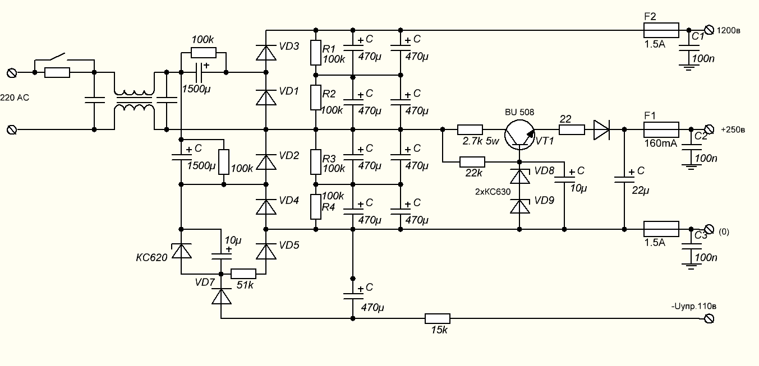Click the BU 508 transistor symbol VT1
(x=519, y=135)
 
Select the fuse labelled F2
(x=661, y=30)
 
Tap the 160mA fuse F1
(x=661, y=129)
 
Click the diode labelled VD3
(x=265, y=52)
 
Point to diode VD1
(x=265, y=96)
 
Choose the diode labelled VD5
(x=265, y=251)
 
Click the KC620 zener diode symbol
(x=181, y=251)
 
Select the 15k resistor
(x=437, y=318)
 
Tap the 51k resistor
(x=243, y=274)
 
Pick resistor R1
(x=316, y=52)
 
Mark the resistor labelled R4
(x=316, y=207)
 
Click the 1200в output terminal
(x=708, y=30)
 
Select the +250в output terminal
(x=708, y=129)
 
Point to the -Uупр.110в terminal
(x=708, y=318)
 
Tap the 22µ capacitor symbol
(x=624, y=179)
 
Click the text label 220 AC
(x=15, y=98)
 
